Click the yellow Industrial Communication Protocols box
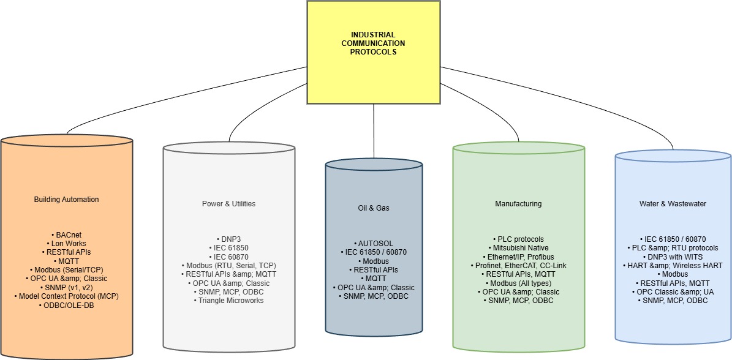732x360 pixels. (373, 43)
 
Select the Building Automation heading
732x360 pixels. (66, 200)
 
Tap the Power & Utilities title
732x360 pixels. (228, 203)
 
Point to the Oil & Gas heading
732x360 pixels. (374, 208)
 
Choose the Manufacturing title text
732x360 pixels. (518, 204)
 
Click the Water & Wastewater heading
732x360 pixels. (673, 204)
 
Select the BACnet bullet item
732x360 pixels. (66, 234)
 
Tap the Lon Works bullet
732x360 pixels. (66, 243)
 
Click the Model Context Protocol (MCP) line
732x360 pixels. (66, 296)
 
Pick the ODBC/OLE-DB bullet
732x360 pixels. (66, 305)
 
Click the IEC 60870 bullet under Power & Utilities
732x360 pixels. (228, 257)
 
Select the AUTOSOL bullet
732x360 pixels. (374, 243)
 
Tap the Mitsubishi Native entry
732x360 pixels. (518, 248)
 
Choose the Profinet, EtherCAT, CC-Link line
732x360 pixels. (518, 266)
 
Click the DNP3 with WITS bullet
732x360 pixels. (673, 257)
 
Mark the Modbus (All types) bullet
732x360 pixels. (518, 283)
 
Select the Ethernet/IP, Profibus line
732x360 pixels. (518, 257)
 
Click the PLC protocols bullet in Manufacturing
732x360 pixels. (518, 239)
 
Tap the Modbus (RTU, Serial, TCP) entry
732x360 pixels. (228, 265)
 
